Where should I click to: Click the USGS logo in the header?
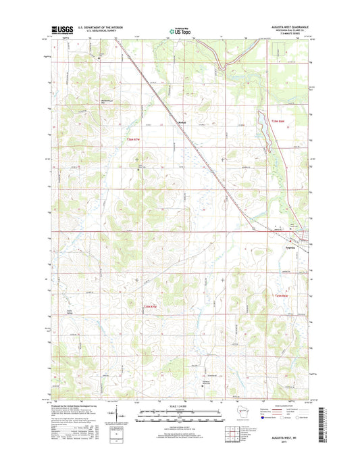61,30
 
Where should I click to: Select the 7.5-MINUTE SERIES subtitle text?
287,33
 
